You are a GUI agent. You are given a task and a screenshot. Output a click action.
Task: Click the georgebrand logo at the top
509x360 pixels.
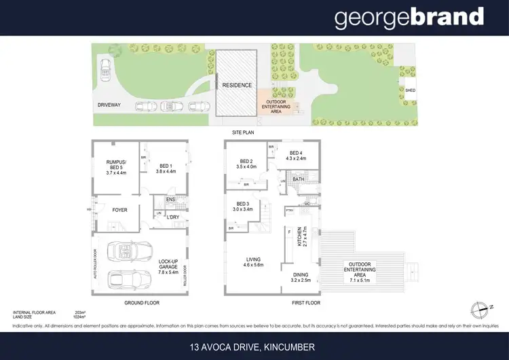[409, 18]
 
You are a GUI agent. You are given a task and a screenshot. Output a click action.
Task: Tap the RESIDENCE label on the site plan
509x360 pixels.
[237, 86]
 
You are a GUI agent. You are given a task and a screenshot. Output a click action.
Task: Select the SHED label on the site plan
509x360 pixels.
[410, 89]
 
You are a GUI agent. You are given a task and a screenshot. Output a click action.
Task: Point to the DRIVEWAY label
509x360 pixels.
[110, 105]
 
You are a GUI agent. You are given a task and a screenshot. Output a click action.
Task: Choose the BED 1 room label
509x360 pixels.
[167, 168]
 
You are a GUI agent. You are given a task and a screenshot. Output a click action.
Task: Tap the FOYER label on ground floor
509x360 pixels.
[120, 210]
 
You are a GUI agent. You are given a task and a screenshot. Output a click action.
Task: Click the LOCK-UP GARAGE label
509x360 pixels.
[168, 266]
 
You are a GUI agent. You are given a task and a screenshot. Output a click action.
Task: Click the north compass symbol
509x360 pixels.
[481, 306]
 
